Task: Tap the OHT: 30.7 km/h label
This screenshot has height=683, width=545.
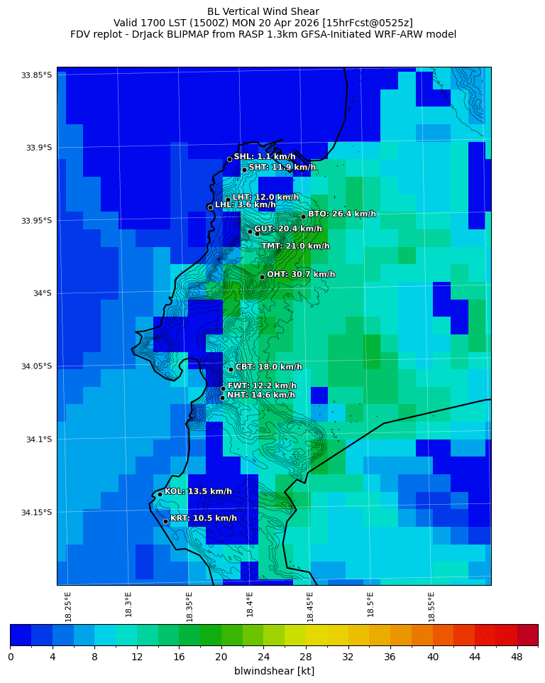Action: pos(301,274)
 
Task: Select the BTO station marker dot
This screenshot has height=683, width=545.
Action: pos(303,217)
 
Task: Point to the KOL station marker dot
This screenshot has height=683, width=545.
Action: pos(160,494)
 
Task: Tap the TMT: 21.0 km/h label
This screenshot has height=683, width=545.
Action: pos(295,246)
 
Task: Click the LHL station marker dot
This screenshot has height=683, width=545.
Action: pos(210,207)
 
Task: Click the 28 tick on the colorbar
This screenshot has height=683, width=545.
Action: pos(306,657)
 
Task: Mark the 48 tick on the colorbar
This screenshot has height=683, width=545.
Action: pos(517,657)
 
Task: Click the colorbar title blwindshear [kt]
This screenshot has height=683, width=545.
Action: pos(274,671)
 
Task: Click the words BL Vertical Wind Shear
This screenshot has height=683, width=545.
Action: pos(263,11)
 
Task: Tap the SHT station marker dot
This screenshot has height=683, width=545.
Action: pos(244,170)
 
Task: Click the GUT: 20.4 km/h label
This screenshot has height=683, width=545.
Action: pos(288,229)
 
